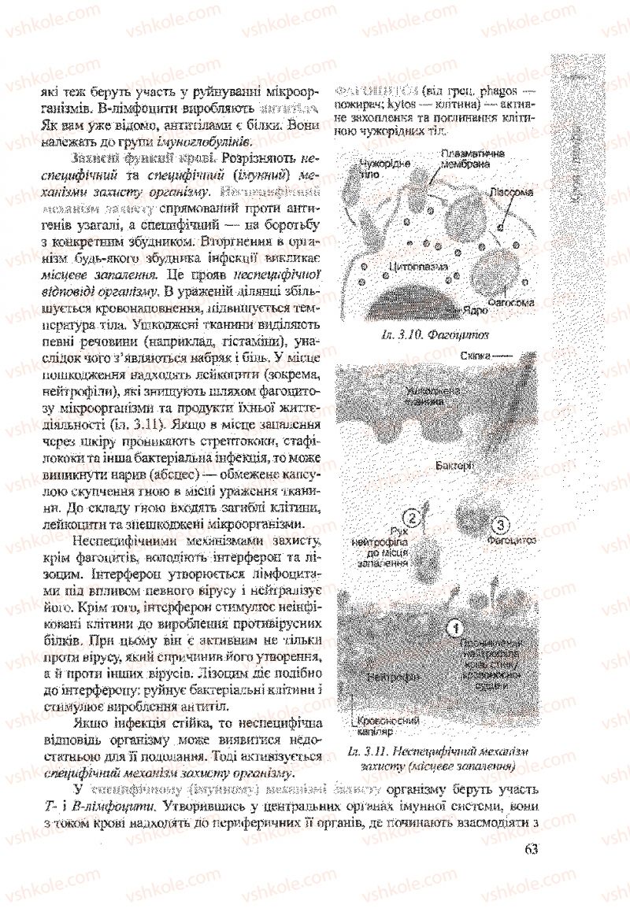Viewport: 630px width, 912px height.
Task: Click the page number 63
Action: [x=530, y=848]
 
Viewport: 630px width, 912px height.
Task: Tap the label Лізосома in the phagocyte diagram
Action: [x=512, y=191]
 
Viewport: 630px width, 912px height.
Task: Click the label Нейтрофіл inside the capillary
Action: [x=391, y=676]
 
